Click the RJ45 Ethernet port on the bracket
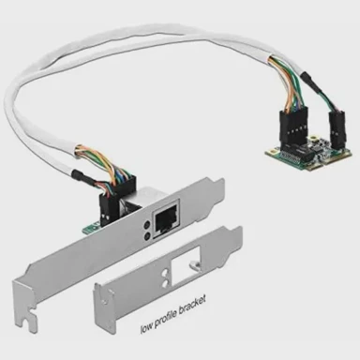click(x=166, y=219)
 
